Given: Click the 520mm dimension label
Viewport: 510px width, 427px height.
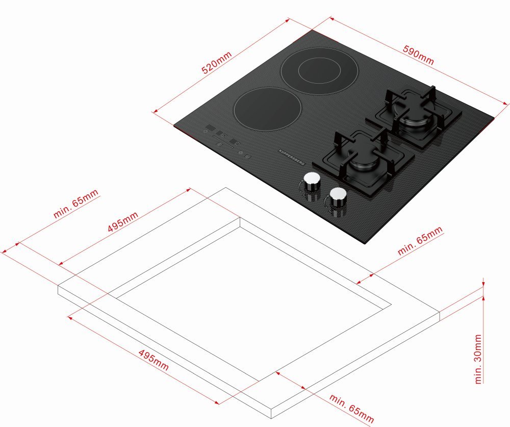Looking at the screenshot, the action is click(217, 62).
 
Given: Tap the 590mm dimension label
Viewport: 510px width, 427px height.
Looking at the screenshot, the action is click(418, 55).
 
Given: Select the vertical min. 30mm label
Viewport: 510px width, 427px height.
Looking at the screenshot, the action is click(478, 359).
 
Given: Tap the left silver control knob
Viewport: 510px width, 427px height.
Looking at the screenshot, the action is click(312, 181).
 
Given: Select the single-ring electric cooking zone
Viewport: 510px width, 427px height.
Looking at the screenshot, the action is click(267, 109).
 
